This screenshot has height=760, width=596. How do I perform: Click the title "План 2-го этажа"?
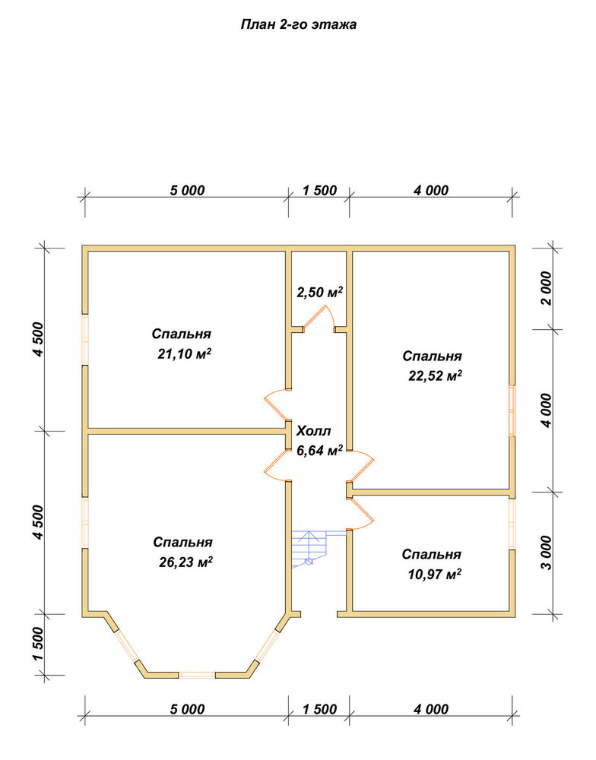point(298,25)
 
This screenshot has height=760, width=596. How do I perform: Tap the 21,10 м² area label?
point(184,354)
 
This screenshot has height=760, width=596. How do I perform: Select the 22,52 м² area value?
point(435,375)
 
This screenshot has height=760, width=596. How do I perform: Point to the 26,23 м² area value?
point(185,562)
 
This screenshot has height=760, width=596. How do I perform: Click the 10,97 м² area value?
point(435,575)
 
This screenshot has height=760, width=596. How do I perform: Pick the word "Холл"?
point(314,431)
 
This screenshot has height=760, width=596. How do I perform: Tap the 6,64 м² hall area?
point(320,450)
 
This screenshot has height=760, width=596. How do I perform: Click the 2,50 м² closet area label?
point(320,293)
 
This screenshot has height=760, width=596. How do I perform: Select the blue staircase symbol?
point(309,549)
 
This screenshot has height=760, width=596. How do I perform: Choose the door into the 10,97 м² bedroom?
point(361,515)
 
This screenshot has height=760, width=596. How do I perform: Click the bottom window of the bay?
point(197,675)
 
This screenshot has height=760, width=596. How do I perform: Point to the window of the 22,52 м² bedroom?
point(512,411)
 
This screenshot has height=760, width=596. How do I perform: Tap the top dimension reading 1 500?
point(319,191)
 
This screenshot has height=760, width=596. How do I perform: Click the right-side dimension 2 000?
point(547,288)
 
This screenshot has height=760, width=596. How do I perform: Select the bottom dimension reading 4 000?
point(431,709)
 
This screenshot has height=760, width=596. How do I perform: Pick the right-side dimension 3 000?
point(547,553)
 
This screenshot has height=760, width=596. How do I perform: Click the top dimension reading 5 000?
point(187,191)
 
